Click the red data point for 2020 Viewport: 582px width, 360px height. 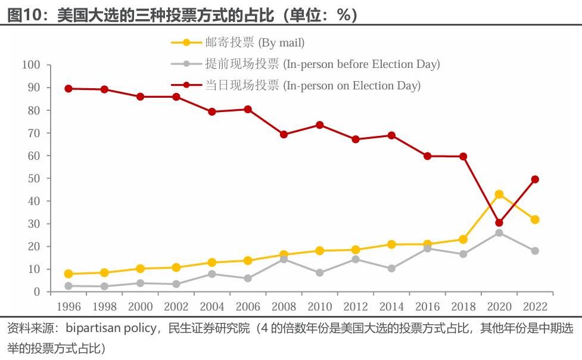coord(499,222)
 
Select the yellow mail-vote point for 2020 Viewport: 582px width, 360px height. coord(499,194)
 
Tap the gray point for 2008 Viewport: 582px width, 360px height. coord(284,259)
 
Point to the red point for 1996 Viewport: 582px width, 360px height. coord(69,88)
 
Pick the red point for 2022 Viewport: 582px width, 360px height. coord(535,179)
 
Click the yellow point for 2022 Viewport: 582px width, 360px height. coord(535,219)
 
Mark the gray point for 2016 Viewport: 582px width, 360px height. coord(427,249)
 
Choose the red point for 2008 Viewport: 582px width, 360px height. coord(284,135)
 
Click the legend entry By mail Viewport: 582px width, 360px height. coord(238,42)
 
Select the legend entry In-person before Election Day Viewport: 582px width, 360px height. coord(306,64)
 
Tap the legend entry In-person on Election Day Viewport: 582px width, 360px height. coord(296,85)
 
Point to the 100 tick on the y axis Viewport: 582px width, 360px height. coord(31,64)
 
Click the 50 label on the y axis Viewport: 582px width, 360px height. coord(34,178)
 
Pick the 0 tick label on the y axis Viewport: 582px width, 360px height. coord(37,292)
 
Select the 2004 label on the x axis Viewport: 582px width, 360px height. coord(212,307)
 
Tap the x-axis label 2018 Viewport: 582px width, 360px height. coord(463,307)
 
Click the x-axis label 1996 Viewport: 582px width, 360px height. coord(69,307)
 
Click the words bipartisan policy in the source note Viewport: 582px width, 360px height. coord(111,328)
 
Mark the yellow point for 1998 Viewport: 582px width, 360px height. coord(104,273)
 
